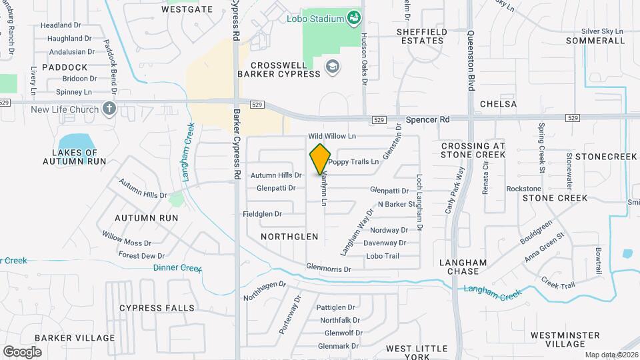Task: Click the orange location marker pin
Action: click(321, 159)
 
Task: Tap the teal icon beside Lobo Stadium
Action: click(355, 18)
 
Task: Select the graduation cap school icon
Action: click(331, 67)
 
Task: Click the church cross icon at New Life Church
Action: click(109, 109)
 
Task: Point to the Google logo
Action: click(22, 351)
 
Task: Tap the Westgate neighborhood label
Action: click(187, 9)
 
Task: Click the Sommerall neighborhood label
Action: click(595, 41)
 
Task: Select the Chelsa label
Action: click(498, 105)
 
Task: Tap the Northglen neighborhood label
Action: click(287, 237)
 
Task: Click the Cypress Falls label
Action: click(157, 308)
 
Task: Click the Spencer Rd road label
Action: click(428, 119)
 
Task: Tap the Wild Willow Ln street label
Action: click(332, 136)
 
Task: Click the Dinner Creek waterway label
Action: click(177, 268)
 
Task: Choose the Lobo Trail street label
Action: click(382, 256)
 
